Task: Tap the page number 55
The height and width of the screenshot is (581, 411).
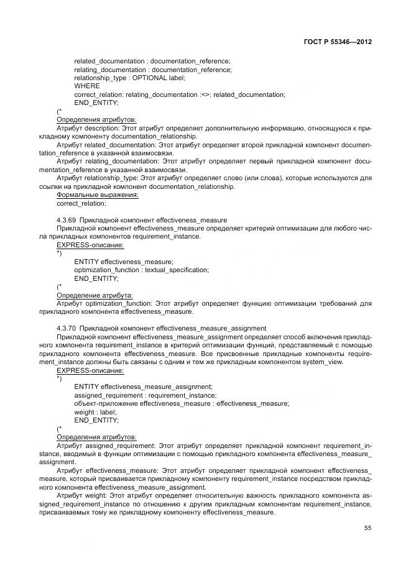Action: (x=367, y=528)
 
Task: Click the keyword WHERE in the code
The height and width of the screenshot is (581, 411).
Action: (x=86, y=86)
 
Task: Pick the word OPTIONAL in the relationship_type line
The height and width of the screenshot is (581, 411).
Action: (x=148, y=78)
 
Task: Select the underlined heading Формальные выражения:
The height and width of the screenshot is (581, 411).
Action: (x=98, y=194)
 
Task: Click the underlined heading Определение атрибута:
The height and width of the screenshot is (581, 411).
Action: (x=95, y=295)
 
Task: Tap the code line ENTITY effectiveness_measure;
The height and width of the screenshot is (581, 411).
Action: (x=124, y=262)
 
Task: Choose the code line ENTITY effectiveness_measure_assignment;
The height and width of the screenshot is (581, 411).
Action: (x=143, y=387)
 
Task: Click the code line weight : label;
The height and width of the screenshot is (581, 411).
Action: (x=95, y=411)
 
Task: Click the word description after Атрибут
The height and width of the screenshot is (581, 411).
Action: (x=100, y=127)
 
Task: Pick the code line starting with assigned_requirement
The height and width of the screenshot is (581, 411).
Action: (x=145, y=395)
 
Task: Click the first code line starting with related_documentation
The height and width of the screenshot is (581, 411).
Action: (x=152, y=61)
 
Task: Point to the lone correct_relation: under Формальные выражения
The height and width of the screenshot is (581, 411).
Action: (x=81, y=203)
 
